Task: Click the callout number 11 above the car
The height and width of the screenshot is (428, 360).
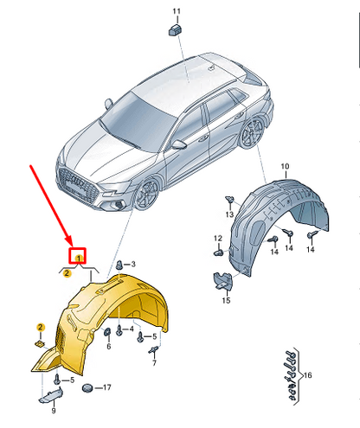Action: (x=177, y=11)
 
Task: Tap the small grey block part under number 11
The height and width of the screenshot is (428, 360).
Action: (x=175, y=30)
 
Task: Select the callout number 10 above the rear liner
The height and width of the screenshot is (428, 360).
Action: (x=285, y=166)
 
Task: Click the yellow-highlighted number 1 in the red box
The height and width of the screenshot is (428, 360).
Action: (x=79, y=258)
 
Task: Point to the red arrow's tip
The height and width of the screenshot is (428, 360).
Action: (x=71, y=246)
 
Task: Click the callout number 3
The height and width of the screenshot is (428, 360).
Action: (x=133, y=264)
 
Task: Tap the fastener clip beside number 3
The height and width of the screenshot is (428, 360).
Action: (x=119, y=265)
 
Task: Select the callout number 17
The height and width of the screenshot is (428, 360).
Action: (x=106, y=387)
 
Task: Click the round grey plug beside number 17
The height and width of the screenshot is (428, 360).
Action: (x=87, y=388)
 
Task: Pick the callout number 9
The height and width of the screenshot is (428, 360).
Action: (x=54, y=411)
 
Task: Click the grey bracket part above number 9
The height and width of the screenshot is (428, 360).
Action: (x=51, y=395)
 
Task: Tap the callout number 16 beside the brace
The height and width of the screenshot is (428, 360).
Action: (x=308, y=375)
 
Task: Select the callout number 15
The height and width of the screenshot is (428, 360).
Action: (x=226, y=300)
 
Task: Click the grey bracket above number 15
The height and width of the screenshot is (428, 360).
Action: (x=223, y=280)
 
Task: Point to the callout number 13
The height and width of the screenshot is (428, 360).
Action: (x=229, y=214)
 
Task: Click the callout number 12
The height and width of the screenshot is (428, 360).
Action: (x=218, y=239)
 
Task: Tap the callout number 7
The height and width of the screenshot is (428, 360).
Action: (x=154, y=363)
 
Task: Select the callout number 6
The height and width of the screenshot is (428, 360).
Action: (x=109, y=346)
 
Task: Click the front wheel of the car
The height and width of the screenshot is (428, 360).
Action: (x=147, y=194)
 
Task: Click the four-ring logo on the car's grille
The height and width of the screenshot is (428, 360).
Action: (x=77, y=182)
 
